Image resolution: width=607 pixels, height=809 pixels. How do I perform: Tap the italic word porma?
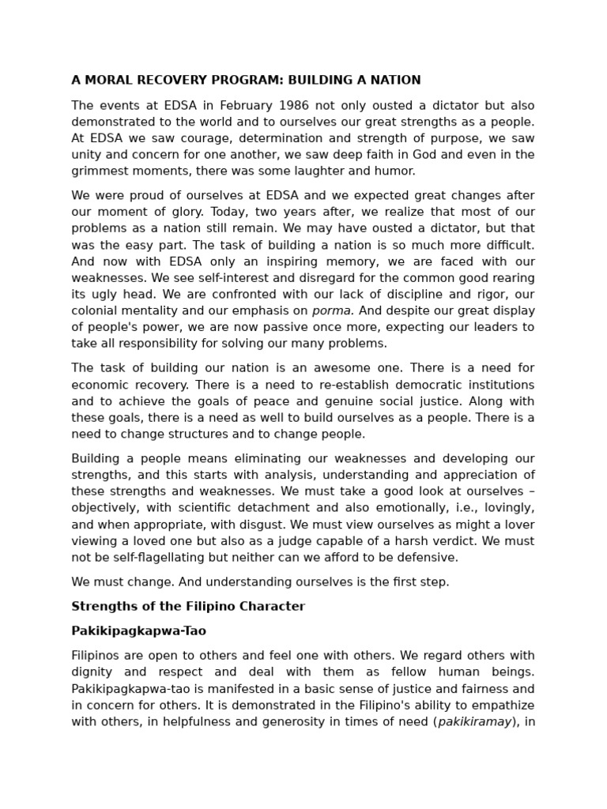click(x=333, y=310)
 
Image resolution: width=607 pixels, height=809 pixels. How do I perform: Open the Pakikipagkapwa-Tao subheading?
click(x=138, y=631)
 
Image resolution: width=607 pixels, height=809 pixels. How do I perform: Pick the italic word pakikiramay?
click(x=475, y=721)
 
